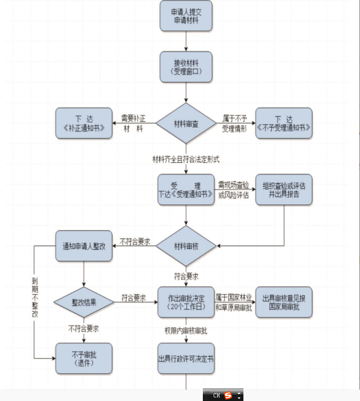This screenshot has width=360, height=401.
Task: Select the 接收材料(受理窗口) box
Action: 186,67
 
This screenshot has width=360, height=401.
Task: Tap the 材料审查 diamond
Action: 186,124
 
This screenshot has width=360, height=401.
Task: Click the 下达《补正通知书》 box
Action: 84,123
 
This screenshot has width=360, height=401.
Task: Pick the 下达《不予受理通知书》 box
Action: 284,123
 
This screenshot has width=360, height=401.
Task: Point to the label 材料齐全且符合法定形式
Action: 186,159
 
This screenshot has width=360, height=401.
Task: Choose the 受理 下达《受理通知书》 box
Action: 186,190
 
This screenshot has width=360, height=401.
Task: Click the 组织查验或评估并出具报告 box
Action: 284,190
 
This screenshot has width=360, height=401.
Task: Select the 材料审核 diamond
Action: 186,246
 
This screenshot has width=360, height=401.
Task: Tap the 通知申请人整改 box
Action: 84,246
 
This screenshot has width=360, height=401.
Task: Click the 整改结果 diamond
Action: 84,302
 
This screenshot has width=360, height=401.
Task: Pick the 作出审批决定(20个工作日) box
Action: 186,302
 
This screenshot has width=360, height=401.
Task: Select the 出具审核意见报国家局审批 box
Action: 284,302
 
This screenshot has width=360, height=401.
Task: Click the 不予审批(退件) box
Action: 84,358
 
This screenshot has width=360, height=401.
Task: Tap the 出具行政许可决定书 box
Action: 186,358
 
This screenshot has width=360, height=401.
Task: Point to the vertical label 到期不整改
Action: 34,298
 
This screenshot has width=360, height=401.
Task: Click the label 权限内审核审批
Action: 186,330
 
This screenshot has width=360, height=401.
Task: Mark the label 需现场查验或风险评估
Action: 234,190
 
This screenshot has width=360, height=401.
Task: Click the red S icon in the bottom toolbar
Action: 228,396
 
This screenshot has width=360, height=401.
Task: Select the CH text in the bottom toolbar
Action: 216,396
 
